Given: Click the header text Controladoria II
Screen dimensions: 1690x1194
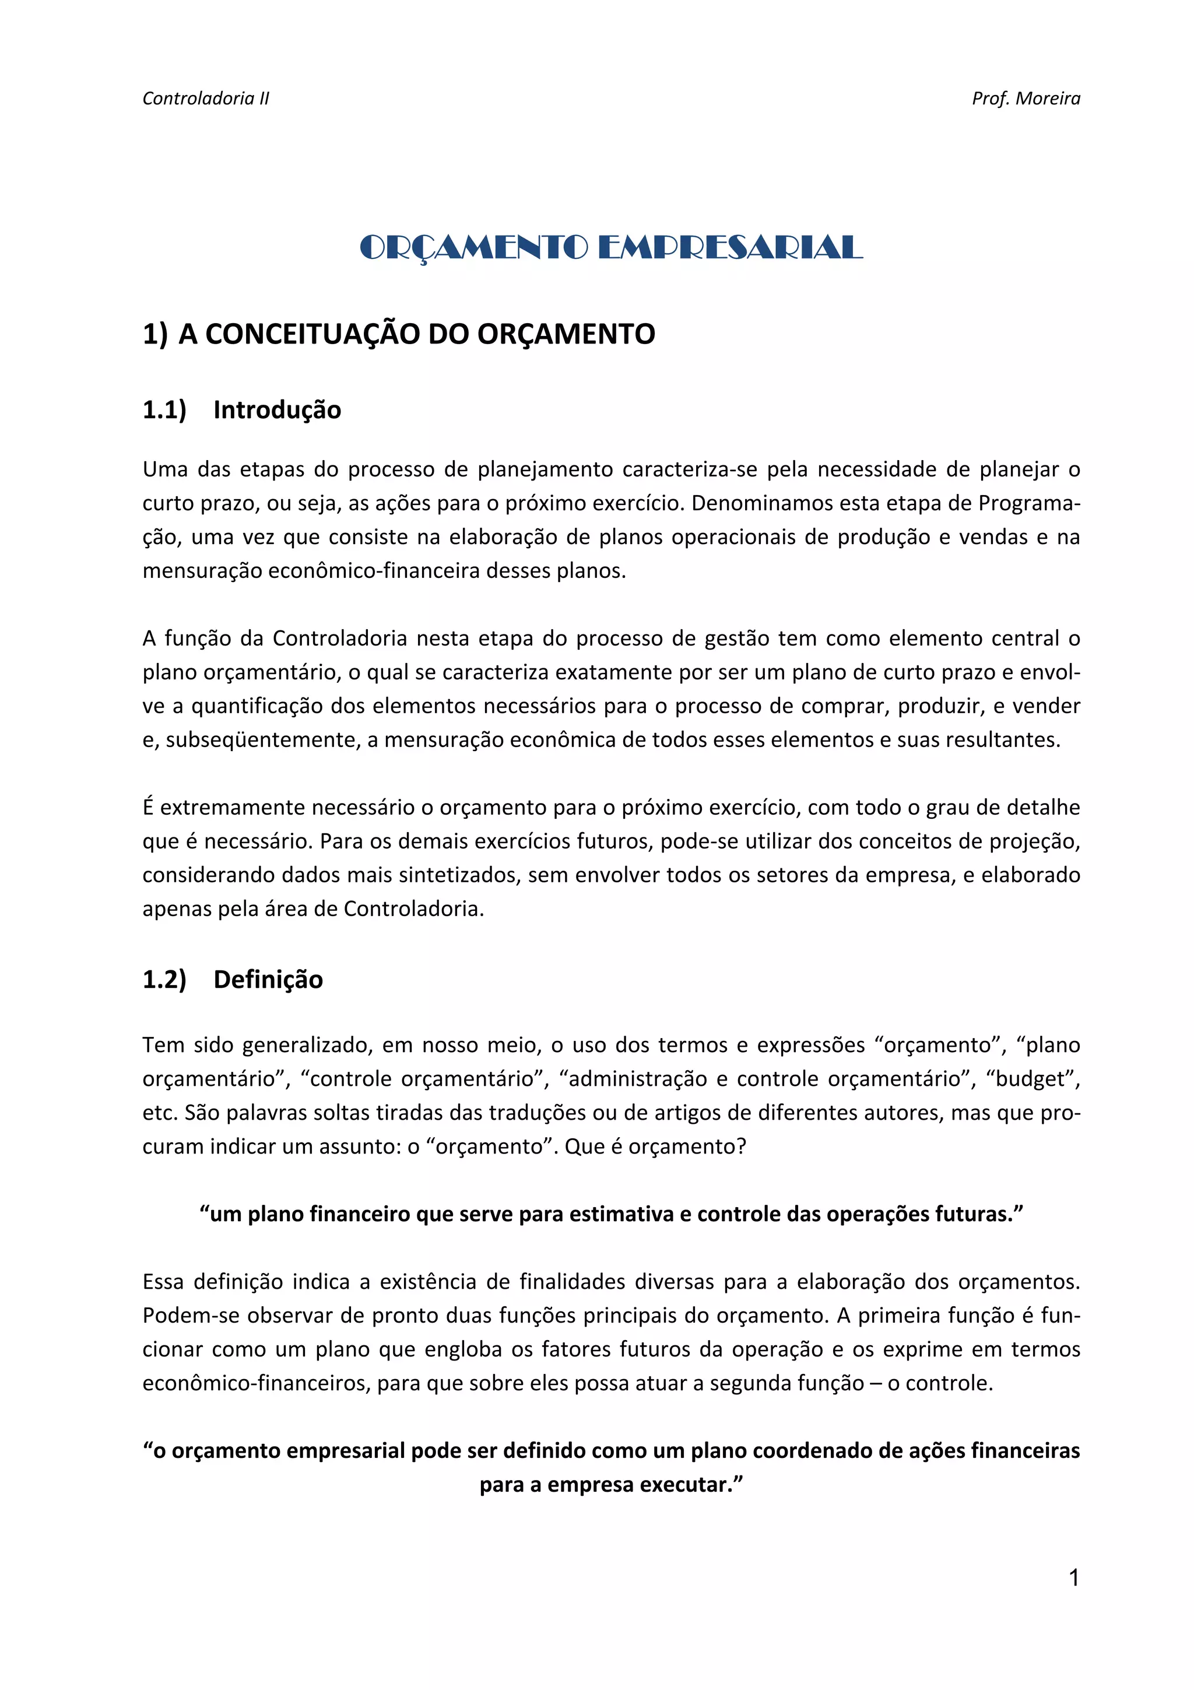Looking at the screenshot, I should coord(206,99).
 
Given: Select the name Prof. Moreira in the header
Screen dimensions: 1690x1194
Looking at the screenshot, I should coord(1026,99).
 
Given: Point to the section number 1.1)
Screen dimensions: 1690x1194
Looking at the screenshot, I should coord(164,410).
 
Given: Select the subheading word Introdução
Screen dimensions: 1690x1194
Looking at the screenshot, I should coord(278,410).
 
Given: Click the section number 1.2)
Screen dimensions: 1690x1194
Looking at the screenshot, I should coord(164,980).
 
